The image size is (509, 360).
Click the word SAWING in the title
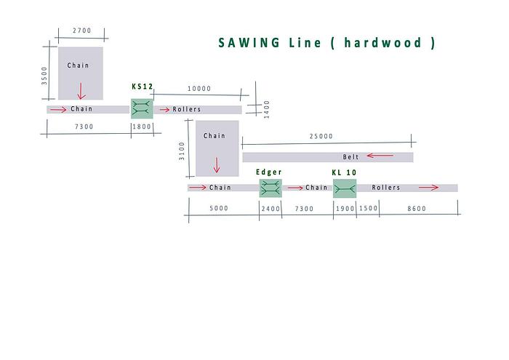click(249, 43)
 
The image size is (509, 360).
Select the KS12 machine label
click(142, 87)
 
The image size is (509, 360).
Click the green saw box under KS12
click(142, 109)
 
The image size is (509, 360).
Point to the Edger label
click(269, 172)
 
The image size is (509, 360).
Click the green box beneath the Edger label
click(270, 188)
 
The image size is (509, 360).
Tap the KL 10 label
click(344, 172)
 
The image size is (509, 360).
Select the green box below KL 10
click(345, 188)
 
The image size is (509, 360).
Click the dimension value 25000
click(321, 136)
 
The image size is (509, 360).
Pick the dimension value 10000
click(199, 89)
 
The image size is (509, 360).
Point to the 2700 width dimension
click(82, 31)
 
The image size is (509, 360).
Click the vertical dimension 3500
click(44, 76)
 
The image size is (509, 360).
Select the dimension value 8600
click(417, 209)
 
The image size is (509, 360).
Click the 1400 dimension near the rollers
click(267, 108)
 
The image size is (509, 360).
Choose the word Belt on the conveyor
click(351, 157)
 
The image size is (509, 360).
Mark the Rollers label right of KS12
click(187, 110)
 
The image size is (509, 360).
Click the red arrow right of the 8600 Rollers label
click(428, 188)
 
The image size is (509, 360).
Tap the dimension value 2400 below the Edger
click(270, 209)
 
